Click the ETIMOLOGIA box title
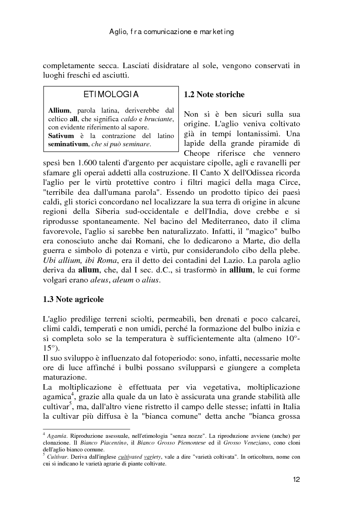tap(111, 95)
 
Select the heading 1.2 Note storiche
tap(214, 95)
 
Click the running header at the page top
tap(172, 32)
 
